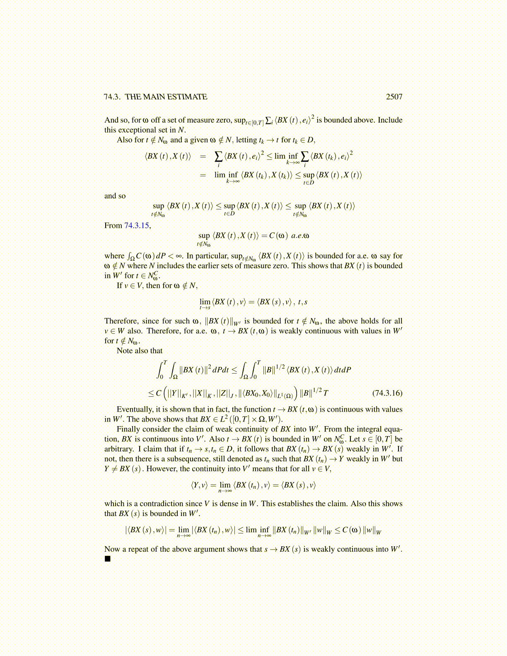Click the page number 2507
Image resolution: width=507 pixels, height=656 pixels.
click(394, 97)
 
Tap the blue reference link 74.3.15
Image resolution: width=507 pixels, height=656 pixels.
click(137, 226)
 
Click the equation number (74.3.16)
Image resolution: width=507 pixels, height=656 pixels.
click(387, 393)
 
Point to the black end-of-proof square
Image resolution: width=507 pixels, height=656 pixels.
click(108, 559)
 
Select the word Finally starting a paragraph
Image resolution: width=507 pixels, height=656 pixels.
click(128, 429)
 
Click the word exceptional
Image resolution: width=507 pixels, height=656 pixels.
click(138, 130)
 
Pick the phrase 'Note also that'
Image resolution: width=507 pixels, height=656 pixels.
click(140, 351)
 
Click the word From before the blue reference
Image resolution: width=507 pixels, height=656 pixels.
click(113, 226)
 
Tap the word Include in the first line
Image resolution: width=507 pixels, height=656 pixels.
click(390, 120)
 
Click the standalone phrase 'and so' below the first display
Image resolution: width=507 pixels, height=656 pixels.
click(115, 196)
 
